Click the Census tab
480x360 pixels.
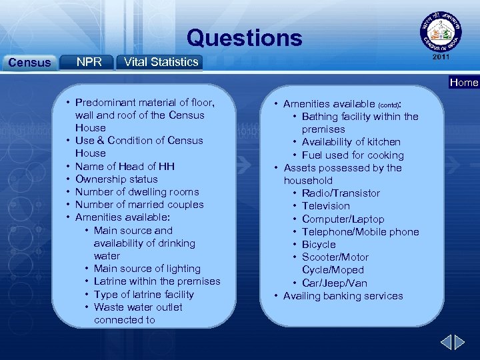(29, 63)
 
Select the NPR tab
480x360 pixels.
(89, 62)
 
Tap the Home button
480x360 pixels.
(464, 83)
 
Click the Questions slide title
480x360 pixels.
(244, 38)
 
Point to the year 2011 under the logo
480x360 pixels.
(441, 57)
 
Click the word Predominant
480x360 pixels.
(105, 103)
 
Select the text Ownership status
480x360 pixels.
(117, 179)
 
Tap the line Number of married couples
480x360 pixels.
(139, 205)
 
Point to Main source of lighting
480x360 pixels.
(147, 269)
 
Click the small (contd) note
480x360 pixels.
(390, 105)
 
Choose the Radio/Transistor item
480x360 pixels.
(341, 193)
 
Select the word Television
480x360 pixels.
(325, 206)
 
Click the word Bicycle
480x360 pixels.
(319, 245)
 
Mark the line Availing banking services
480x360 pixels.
(343, 296)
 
